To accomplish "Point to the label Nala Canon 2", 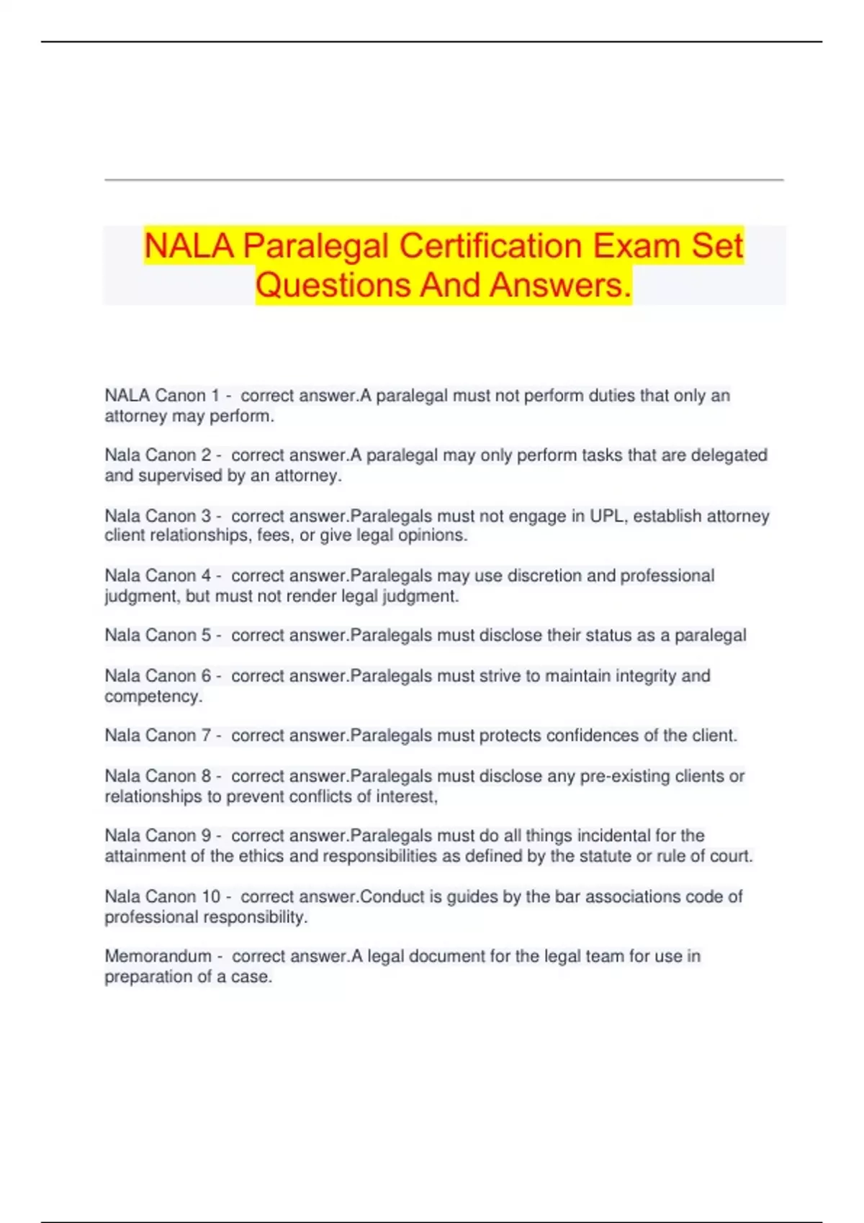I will [158, 455].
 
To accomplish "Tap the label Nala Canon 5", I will [158, 636].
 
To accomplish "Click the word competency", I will [153, 696].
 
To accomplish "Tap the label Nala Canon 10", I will [162, 897].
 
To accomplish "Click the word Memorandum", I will [158, 957].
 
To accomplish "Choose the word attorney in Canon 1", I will [135, 417].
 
